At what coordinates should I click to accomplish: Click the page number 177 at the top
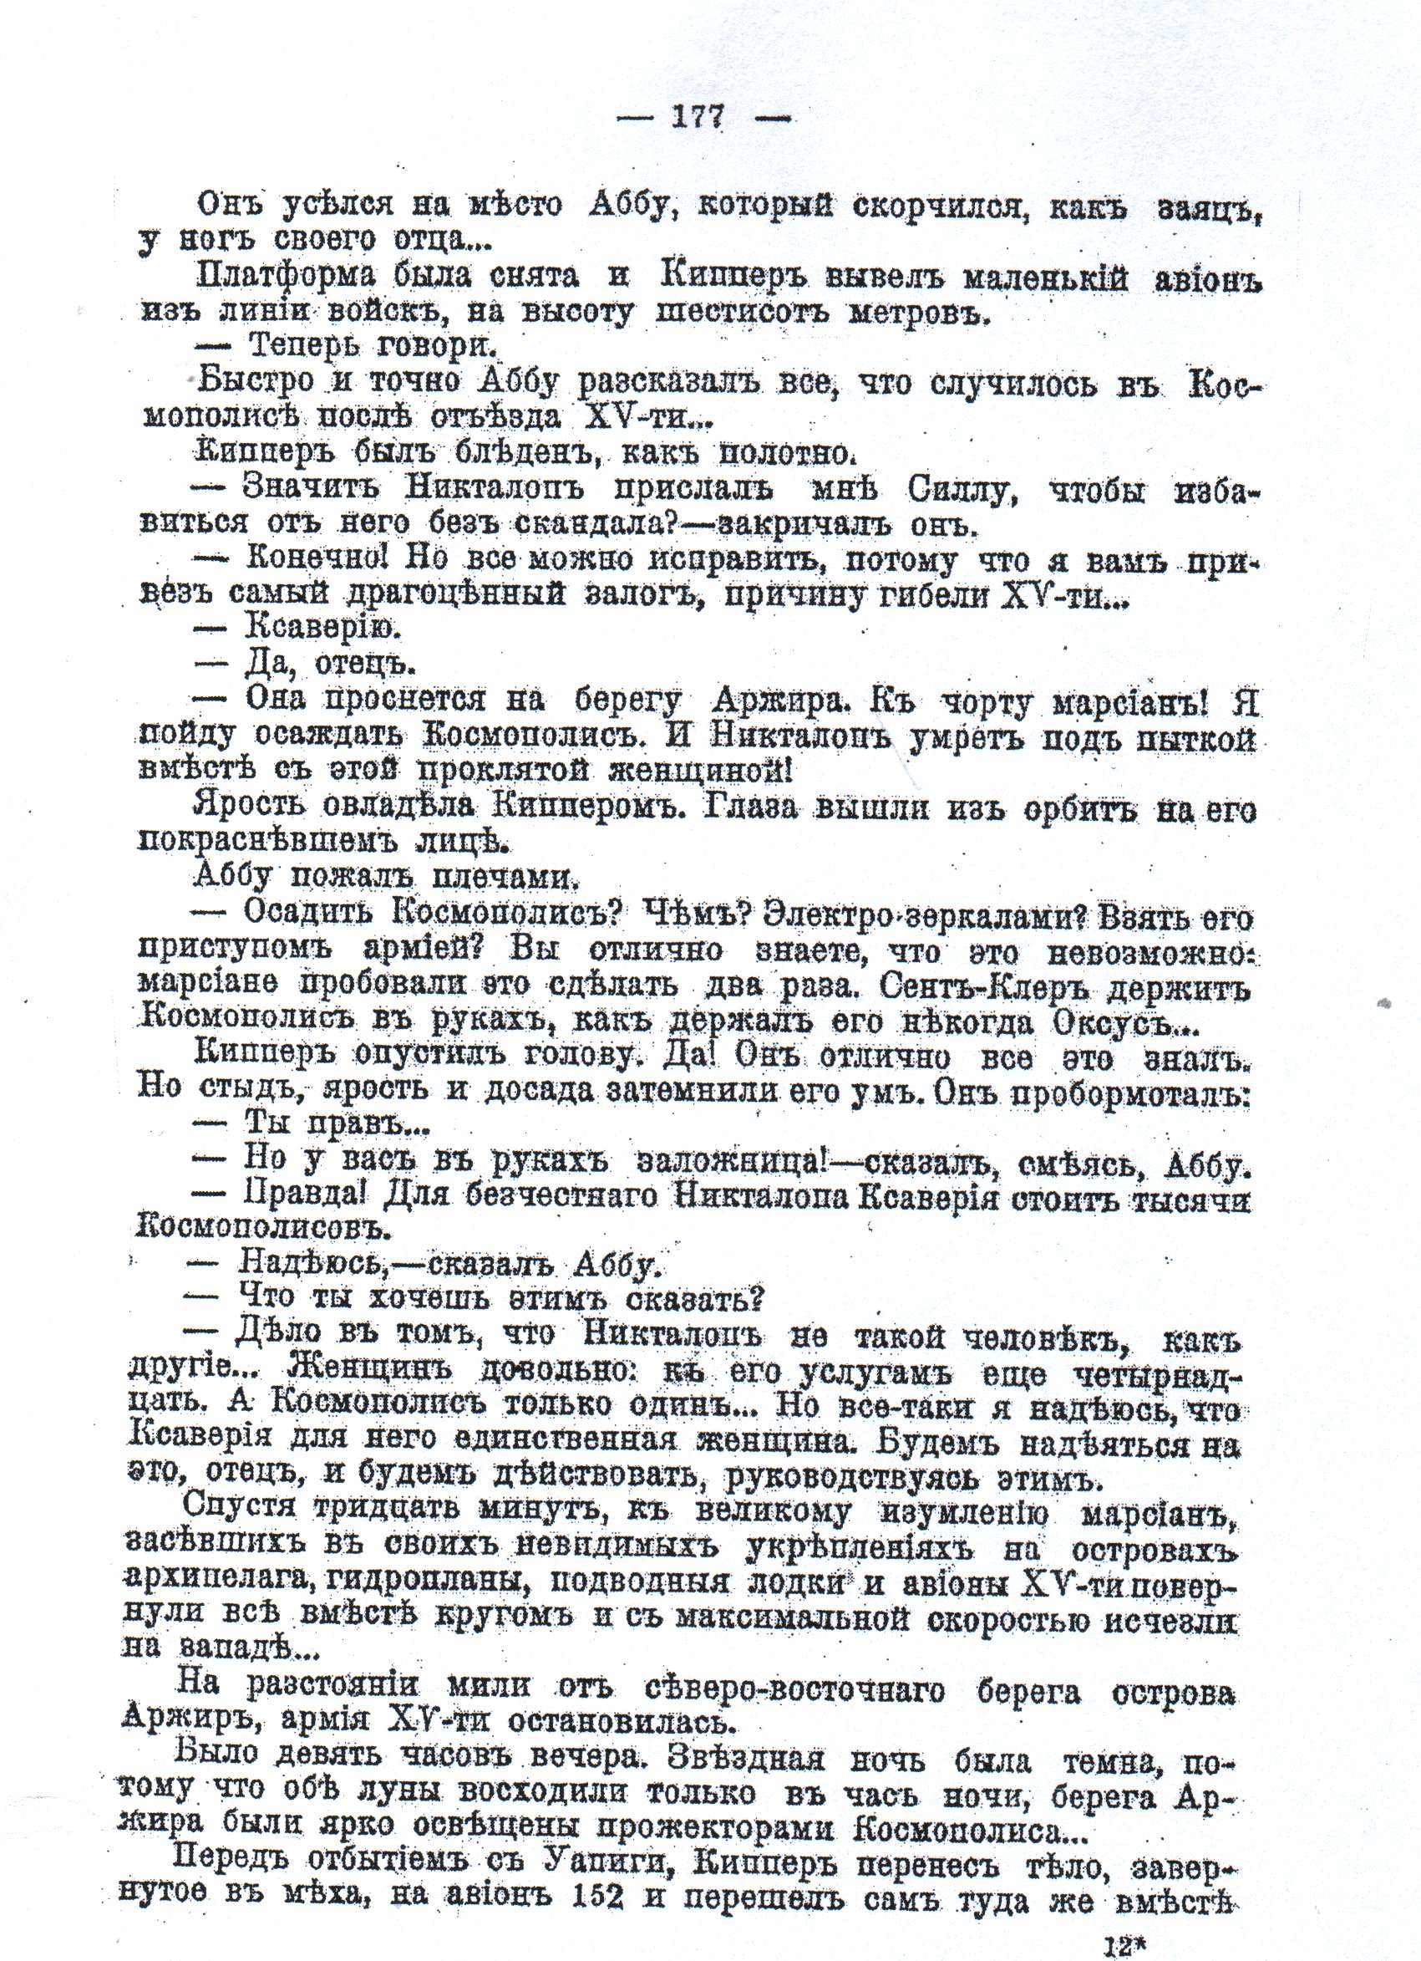point(697,117)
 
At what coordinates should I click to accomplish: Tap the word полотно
point(784,454)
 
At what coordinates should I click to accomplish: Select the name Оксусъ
point(1124,1026)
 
